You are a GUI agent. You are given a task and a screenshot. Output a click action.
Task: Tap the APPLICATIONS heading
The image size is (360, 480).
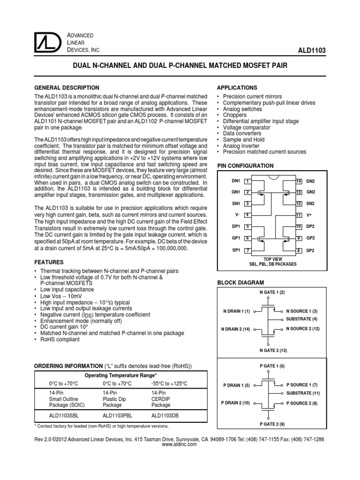(x=236, y=88)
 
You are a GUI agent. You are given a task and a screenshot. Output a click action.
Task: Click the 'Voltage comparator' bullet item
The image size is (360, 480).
(x=247, y=127)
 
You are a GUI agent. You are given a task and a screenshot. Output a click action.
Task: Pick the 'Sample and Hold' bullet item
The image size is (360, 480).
(x=244, y=140)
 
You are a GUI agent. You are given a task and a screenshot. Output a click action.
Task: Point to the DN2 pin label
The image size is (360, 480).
(x=311, y=181)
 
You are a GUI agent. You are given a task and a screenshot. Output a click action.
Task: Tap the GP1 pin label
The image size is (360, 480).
(x=235, y=238)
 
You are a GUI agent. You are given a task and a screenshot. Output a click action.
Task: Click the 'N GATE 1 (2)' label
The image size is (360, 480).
(x=272, y=293)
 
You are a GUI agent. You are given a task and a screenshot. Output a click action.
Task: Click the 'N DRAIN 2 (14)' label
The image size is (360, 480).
(x=236, y=329)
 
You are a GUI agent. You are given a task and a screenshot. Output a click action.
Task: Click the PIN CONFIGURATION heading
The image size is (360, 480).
(x=244, y=166)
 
